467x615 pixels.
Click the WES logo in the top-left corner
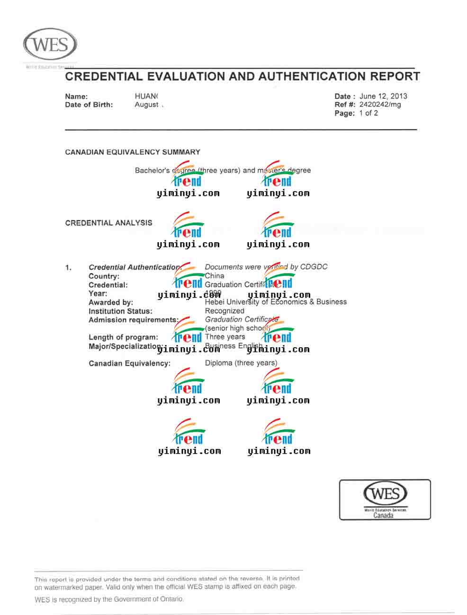[x=50, y=44]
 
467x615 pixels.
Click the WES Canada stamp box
[x=385, y=500]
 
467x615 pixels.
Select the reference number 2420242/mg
[x=380, y=105]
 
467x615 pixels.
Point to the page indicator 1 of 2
[x=368, y=113]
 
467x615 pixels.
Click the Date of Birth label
[x=89, y=105]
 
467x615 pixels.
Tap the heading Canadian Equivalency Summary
[x=133, y=152]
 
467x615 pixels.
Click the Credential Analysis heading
[x=108, y=223]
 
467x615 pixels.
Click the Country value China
[x=215, y=276]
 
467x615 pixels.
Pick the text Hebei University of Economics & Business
[x=276, y=302]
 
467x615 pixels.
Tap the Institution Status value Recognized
[x=225, y=311]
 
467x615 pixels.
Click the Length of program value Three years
[x=225, y=337]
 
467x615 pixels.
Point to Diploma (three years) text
[x=241, y=363]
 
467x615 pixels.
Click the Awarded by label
[x=111, y=302]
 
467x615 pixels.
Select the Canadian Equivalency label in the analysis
[x=129, y=363]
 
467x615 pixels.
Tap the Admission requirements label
[x=134, y=320]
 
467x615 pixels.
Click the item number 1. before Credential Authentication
[x=69, y=268]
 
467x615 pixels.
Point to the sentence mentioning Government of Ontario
[x=109, y=599]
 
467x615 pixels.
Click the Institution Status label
[x=120, y=311]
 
